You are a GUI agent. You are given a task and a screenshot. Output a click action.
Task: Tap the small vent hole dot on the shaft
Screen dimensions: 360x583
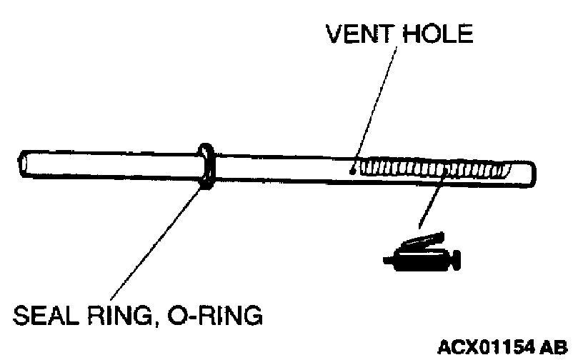(x=352, y=170)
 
